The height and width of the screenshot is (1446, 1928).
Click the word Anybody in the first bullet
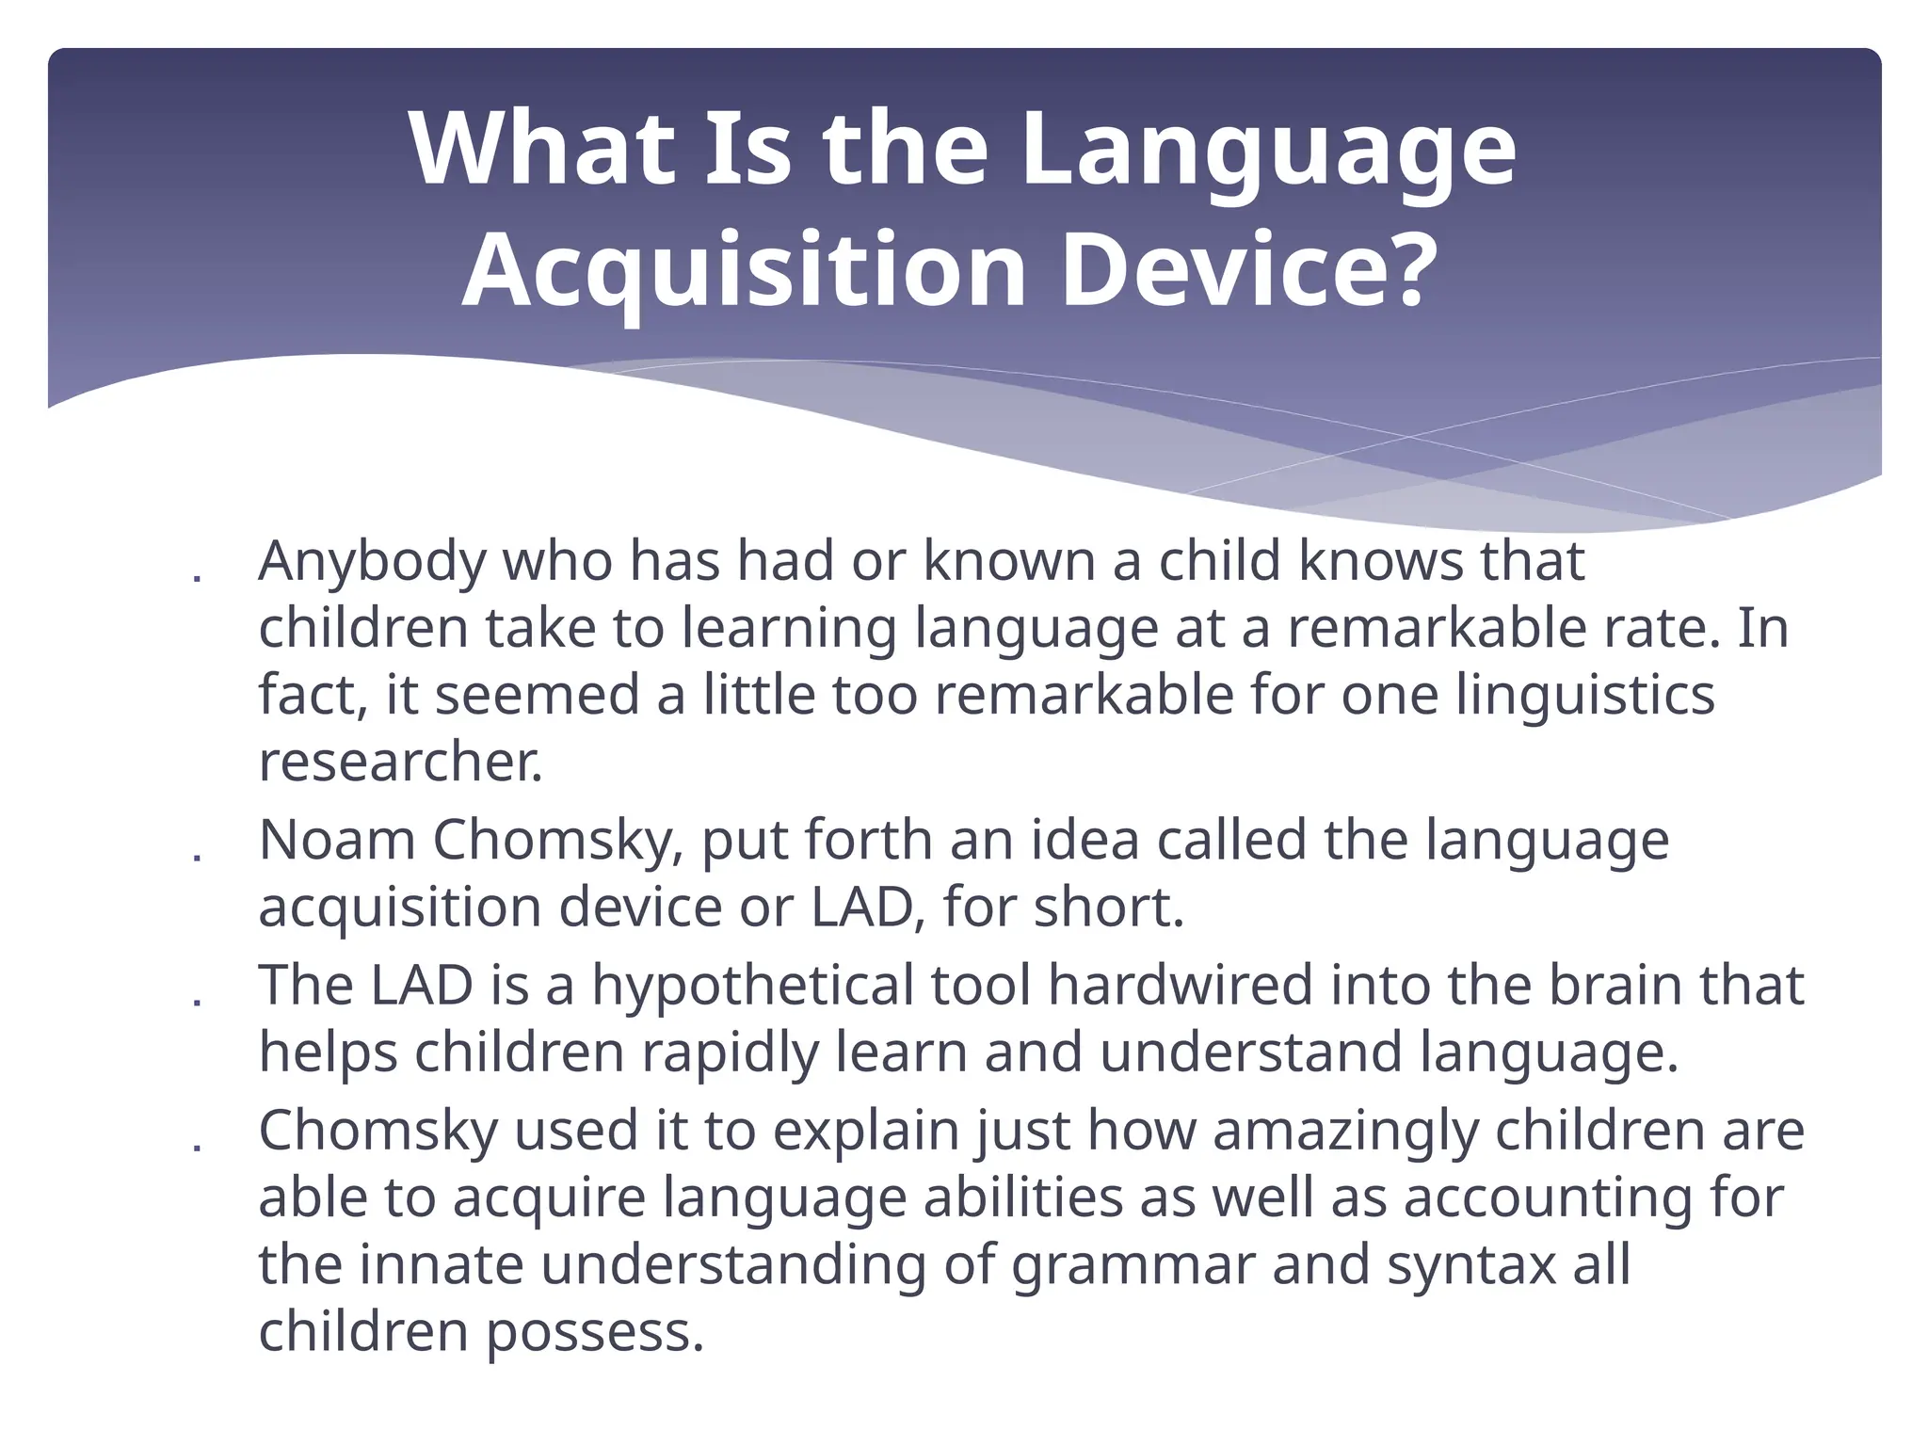pos(371,562)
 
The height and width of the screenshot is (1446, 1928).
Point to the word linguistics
pos(1584,696)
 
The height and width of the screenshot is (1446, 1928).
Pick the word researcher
pos(401,763)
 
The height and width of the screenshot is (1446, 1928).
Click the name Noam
pos(336,840)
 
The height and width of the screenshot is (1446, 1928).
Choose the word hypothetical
pos(752,986)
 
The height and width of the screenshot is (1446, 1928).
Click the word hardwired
pos(1180,986)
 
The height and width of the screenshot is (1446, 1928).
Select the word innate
pos(441,1264)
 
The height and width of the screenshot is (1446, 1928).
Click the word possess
pos(595,1333)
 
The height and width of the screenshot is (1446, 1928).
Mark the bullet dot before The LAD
pos(197,1001)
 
